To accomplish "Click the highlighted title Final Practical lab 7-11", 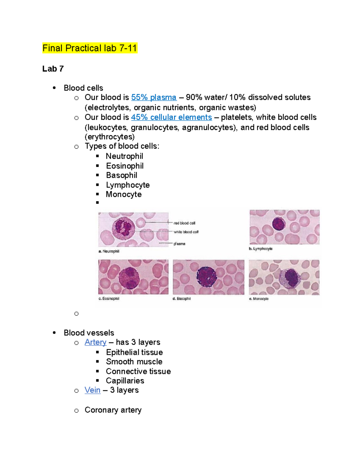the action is point(90,48).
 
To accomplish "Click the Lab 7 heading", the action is point(53,69).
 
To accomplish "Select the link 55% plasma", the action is point(154,97).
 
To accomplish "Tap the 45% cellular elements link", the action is point(171,117).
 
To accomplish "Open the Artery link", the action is point(95,342).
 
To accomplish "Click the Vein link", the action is point(92,390).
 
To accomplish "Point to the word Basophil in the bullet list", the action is point(121,175).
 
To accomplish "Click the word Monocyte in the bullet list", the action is point(124,194).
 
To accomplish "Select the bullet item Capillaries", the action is point(125,381).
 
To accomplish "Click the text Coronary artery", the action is point(113,410).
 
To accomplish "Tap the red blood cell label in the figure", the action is point(184,223).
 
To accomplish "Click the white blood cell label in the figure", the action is point(186,232).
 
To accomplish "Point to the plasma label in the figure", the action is point(179,244).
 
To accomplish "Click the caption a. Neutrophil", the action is point(109,251).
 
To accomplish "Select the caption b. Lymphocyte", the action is point(260,248).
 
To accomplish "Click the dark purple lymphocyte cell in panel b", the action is point(279,224).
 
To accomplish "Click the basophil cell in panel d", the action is point(207,277).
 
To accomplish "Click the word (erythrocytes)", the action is point(109,137).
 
